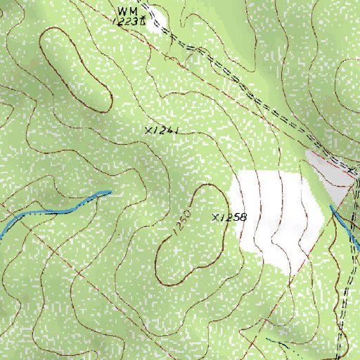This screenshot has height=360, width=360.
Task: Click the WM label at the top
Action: pos(127,11)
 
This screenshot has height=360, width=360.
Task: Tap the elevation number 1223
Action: pos(127,22)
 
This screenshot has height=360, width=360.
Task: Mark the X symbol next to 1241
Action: pos(148,131)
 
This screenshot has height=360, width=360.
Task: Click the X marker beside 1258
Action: pos(215,217)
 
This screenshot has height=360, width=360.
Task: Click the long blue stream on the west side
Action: pos(49,210)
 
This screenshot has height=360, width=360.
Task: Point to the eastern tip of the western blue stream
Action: pos(109,191)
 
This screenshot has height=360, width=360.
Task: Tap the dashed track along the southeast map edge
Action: pos(345,302)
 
